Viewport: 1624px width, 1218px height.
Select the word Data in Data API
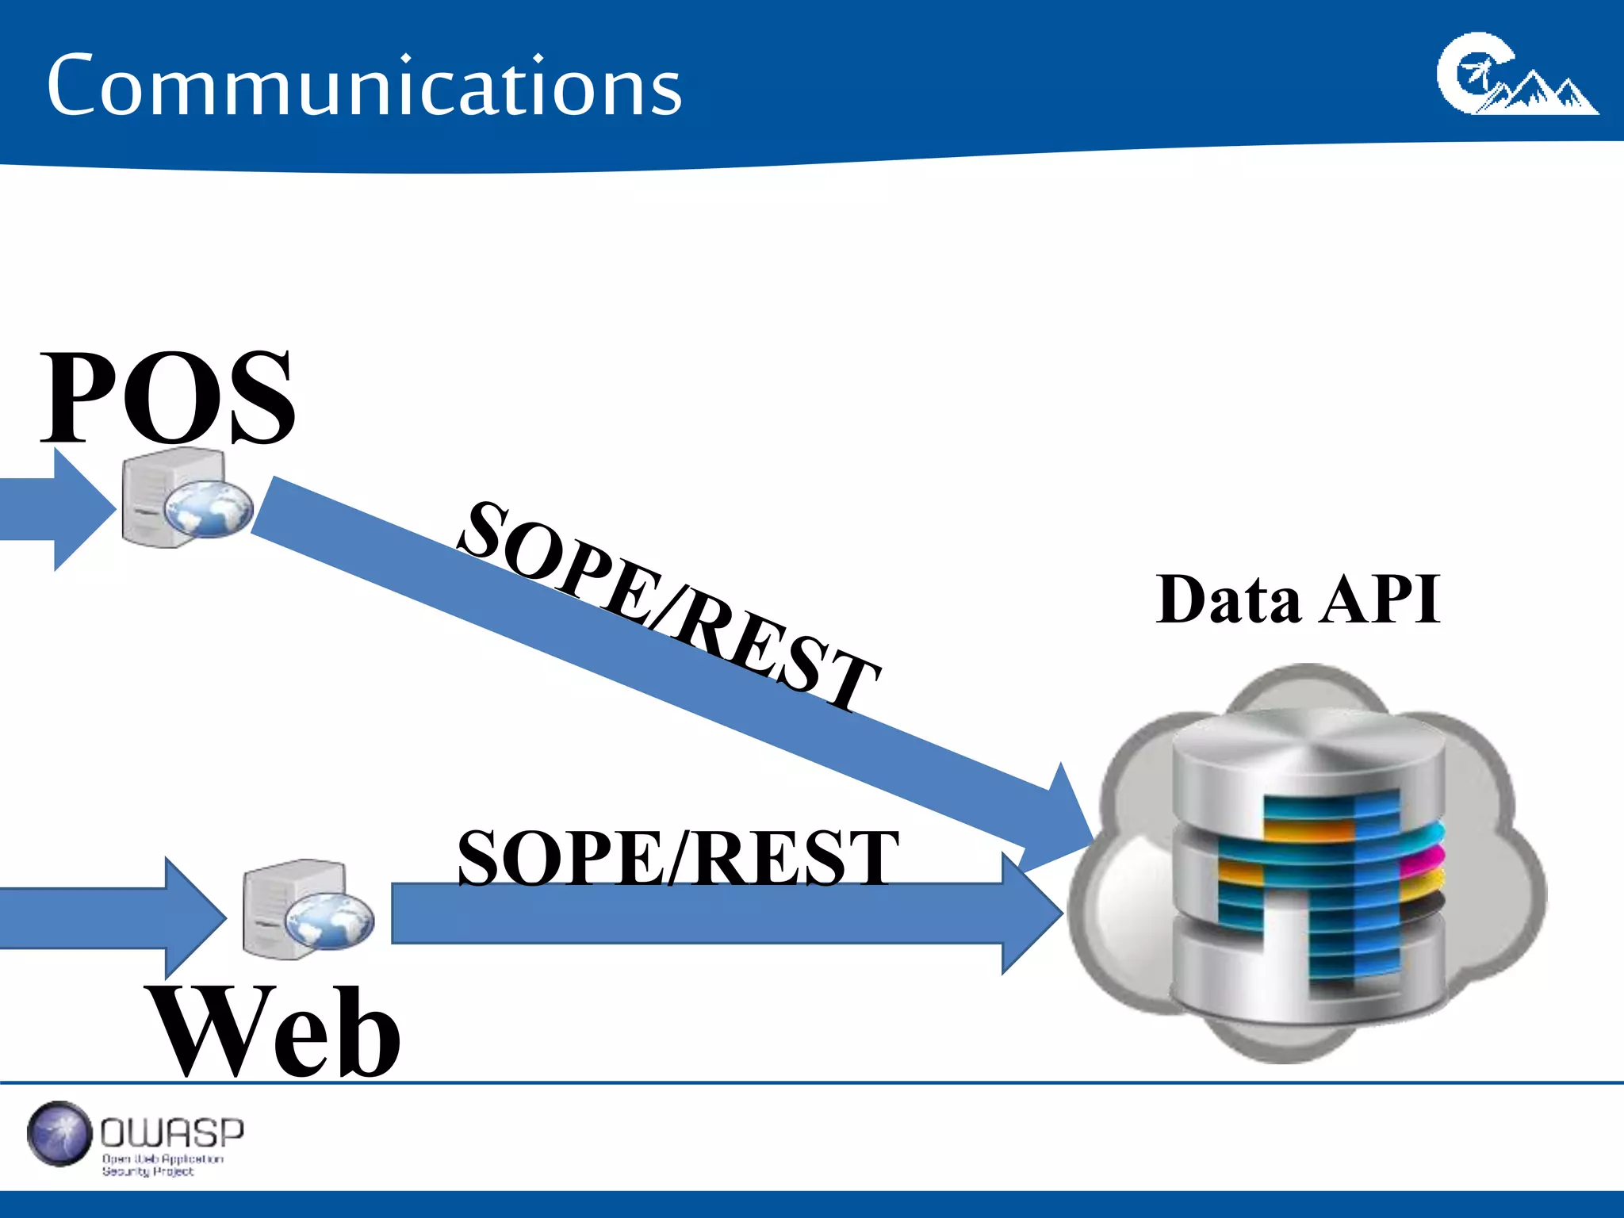point(1228,600)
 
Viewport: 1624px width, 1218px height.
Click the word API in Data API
point(1381,600)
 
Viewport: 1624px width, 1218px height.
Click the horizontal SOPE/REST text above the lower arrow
point(677,857)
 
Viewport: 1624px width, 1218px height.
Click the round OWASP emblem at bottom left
point(59,1134)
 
